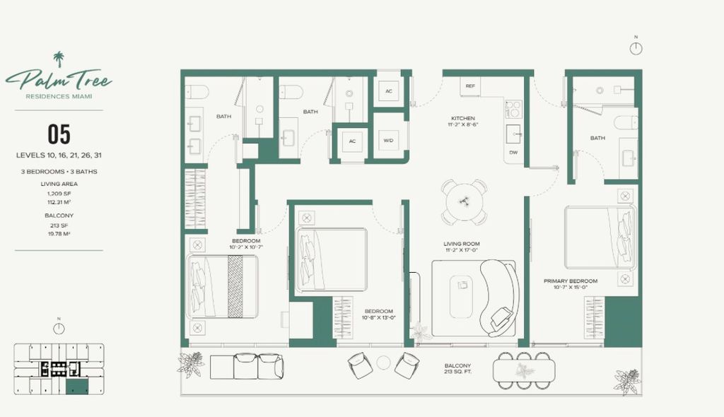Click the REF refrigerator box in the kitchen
coord(470,86)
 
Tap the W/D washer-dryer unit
coord(388,141)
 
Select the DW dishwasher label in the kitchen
coord(513,153)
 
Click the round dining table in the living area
coord(464,202)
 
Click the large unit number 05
coord(59,134)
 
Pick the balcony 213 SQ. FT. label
coord(457,368)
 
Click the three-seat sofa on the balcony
coord(247,366)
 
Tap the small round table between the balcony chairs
coord(383,363)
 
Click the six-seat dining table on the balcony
coord(524,370)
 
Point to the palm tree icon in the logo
coord(59,59)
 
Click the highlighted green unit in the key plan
coord(76,387)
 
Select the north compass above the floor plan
coord(636,48)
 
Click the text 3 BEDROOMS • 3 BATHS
coord(59,171)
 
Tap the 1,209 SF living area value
coord(59,194)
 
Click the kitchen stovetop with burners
coord(513,109)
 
